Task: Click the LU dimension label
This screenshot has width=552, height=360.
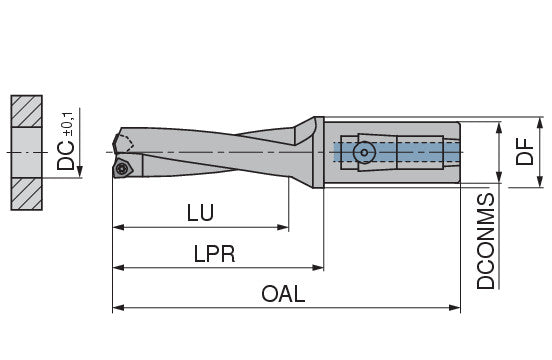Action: (x=200, y=213)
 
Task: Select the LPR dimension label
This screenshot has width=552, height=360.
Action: (x=214, y=254)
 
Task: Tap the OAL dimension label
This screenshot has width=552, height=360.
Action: (x=283, y=294)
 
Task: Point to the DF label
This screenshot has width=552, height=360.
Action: (x=525, y=152)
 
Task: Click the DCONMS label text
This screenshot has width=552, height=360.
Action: (x=485, y=241)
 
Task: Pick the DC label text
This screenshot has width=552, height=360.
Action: (x=65, y=156)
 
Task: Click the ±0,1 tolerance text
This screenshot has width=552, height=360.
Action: (x=68, y=124)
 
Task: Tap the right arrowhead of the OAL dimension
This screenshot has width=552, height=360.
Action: (x=455, y=308)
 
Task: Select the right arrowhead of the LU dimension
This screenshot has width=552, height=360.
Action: (x=283, y=227)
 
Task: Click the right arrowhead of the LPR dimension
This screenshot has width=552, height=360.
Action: (x=318, y=268)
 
